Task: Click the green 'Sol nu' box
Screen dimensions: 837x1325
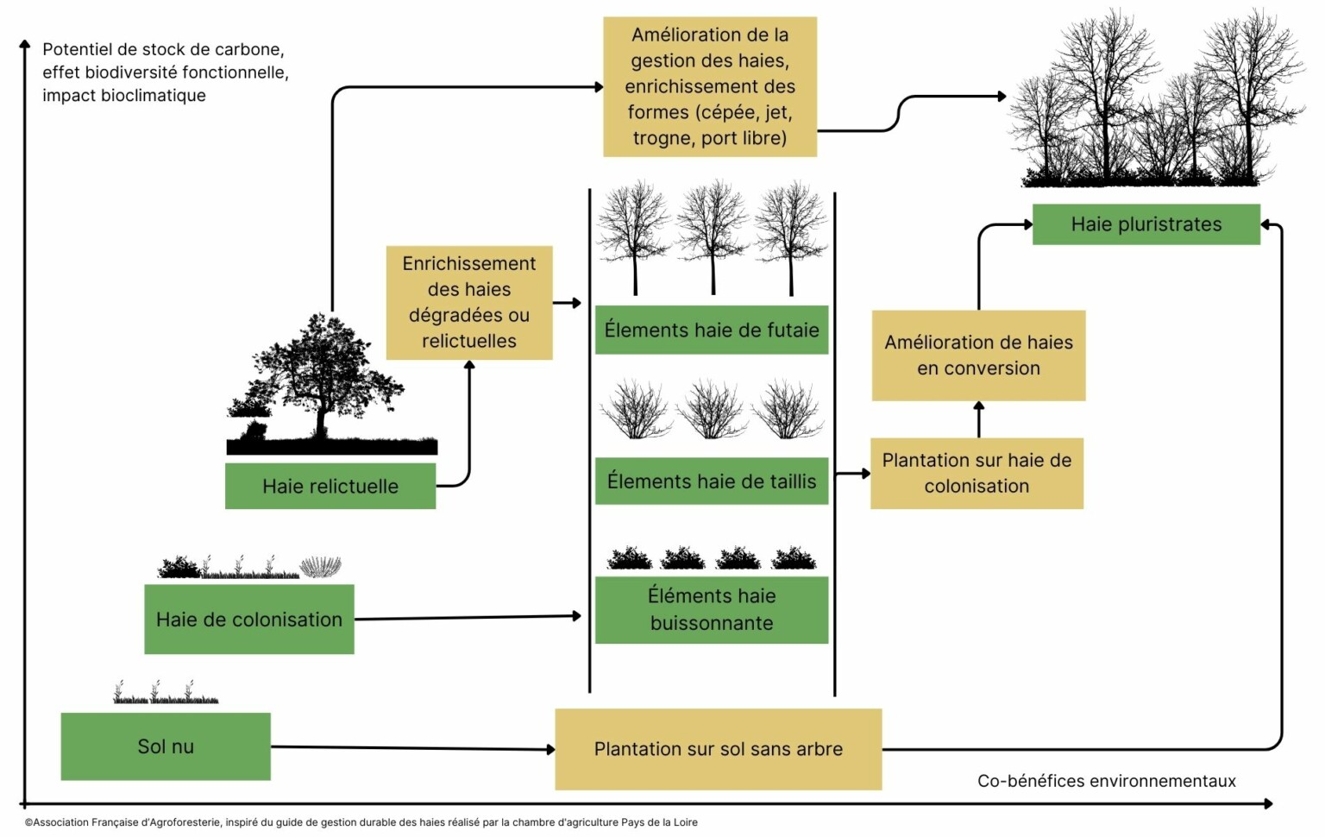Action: (166, 746)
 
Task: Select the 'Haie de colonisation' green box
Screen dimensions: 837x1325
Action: (249, 619)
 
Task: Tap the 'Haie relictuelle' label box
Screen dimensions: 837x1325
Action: (330, 486)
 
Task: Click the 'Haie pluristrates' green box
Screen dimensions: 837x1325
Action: (1146, 224)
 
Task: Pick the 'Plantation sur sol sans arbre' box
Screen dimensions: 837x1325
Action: (718, 749)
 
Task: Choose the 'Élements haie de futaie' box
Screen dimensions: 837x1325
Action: (712, 330)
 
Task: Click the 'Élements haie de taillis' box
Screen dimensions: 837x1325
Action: (712, 481)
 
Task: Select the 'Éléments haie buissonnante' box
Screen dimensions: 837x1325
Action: (712, 609)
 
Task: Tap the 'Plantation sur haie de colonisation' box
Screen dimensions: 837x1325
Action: (976, 473)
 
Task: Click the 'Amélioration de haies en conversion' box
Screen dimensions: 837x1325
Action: (978, 356)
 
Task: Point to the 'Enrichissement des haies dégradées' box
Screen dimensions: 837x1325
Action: (469, 302)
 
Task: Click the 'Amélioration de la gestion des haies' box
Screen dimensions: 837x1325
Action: (709, 86)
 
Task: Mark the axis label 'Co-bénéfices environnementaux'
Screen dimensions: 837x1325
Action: (1106, 781)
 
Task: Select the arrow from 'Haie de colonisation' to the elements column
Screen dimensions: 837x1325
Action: (466, 617)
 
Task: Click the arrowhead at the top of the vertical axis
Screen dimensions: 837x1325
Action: (24, 44)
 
